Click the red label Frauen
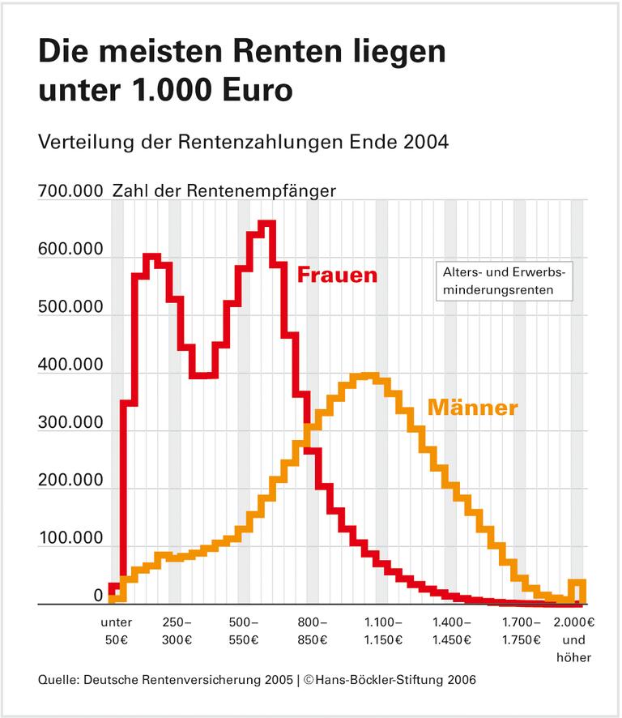click(337, 275)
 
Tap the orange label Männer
click(472, 407)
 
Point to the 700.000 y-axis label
click(70, 191)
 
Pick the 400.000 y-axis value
click(70, 366)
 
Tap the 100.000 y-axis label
click(70, 538)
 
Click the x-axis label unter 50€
click(115, 631)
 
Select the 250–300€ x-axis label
click(177, 631)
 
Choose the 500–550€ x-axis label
click(243, 631)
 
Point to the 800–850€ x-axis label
click(312, 631)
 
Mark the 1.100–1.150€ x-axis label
click(382, 631)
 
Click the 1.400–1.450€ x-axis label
click(451, 631)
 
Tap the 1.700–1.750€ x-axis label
click(521, 631)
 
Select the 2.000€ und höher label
click(574, 639)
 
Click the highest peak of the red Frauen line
click(266, 223)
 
